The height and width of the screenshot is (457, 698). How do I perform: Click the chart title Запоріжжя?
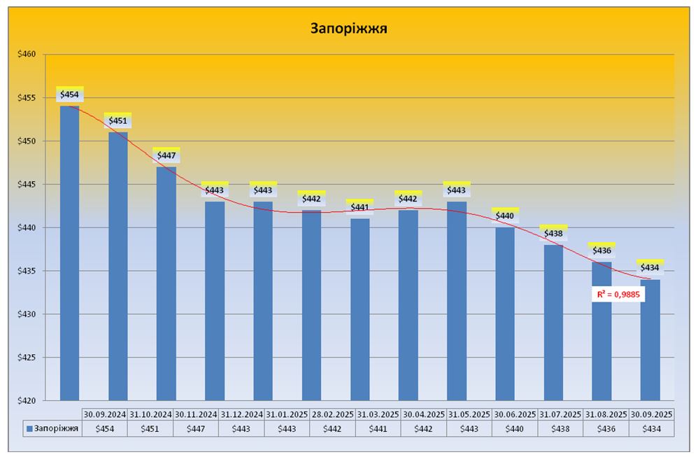tap(349, 29)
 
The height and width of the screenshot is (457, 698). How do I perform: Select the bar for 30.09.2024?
tap(69, 252)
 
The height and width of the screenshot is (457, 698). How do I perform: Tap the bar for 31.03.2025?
tap(360, 308)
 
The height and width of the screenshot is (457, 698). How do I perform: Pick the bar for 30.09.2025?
tap(650, 339)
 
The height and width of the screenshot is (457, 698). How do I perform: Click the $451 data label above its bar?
tap(117, 121)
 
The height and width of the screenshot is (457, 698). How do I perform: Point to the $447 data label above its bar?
tap(166, 155)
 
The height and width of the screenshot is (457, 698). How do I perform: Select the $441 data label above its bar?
tap(359, 207)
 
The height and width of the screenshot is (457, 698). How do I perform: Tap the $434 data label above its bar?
tap(650, 267)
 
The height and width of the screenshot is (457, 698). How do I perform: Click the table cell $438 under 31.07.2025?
tap(561, 428)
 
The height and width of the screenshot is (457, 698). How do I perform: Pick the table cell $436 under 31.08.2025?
tap(606, 428)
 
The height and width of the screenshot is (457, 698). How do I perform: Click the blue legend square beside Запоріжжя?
tap(29, 428)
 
